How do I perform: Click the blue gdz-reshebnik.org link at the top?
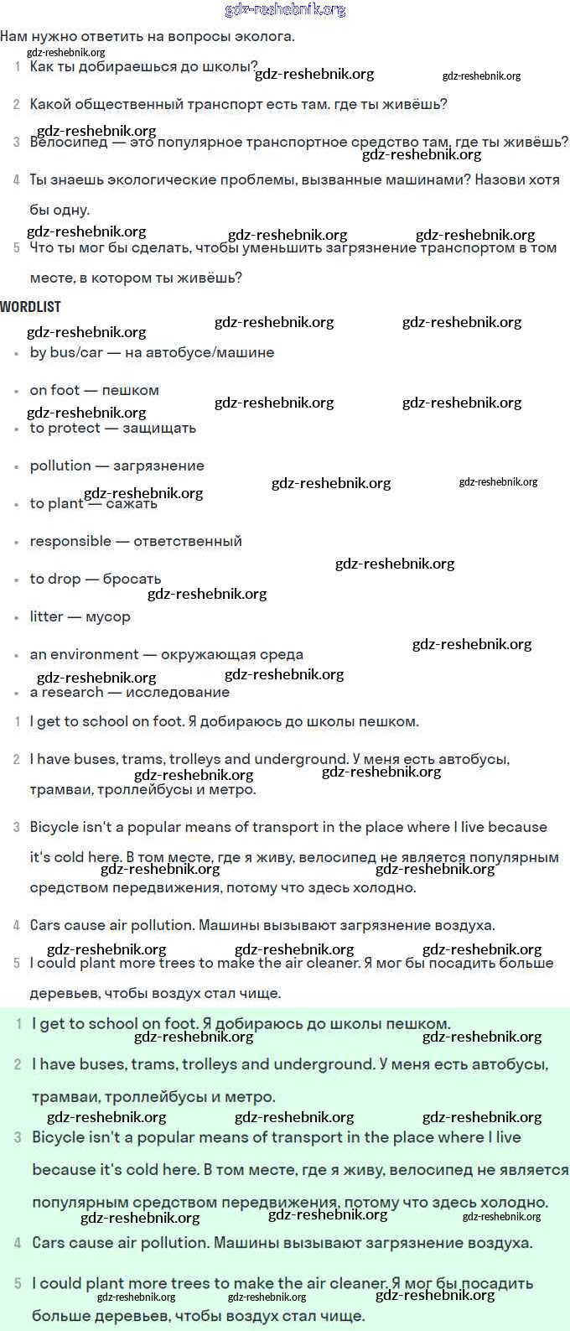(285, 10)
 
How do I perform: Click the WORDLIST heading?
(31, 307)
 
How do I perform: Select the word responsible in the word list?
(70, 542)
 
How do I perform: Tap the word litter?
(46, 617)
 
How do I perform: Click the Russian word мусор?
(108, 617)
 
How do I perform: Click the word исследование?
(178, 693)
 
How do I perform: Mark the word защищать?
(159, 429)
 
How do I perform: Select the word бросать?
(132, 580)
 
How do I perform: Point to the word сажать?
(132, 504)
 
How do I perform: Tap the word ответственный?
(188, 542)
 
